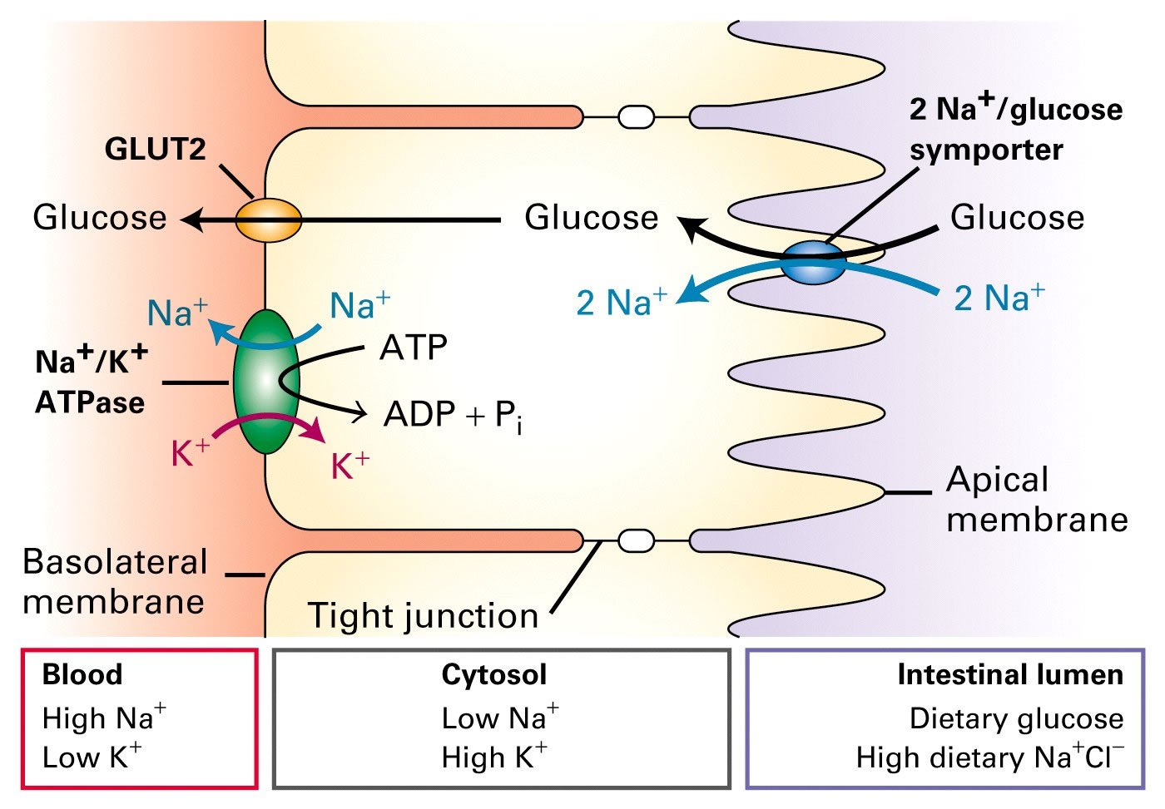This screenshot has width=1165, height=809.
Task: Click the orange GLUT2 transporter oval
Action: (x=268, y=221)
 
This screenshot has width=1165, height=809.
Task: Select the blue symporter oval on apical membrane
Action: (x=813, y=263)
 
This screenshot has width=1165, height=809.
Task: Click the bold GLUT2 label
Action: (x=155, y=149)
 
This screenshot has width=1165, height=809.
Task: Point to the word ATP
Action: (x=414, y=348)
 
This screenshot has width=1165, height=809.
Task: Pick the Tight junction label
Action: (x=423, y=615)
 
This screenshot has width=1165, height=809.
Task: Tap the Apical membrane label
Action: (x=1036, y=500)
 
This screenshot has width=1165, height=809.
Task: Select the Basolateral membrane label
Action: (x=114, y=581)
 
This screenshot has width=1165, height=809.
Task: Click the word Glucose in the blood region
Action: (x=100, y=218)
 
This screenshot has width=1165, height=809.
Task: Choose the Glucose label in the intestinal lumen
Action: (x=1017, y=218)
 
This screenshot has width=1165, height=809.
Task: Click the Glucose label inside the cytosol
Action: (x=591, y=218)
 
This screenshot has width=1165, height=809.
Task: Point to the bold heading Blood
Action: (x=82, y=674)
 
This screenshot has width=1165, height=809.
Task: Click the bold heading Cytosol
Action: (x=494, y=674)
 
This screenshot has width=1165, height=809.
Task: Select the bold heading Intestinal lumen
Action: (x=1009, y=674)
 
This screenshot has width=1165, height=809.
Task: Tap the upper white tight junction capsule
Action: (x=636, y=116)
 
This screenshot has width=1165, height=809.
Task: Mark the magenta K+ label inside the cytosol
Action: (x=349, y=466)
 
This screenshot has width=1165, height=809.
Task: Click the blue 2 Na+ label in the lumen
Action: (x=999, y=297)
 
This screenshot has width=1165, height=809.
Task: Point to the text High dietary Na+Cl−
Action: (x=989, y=757)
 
